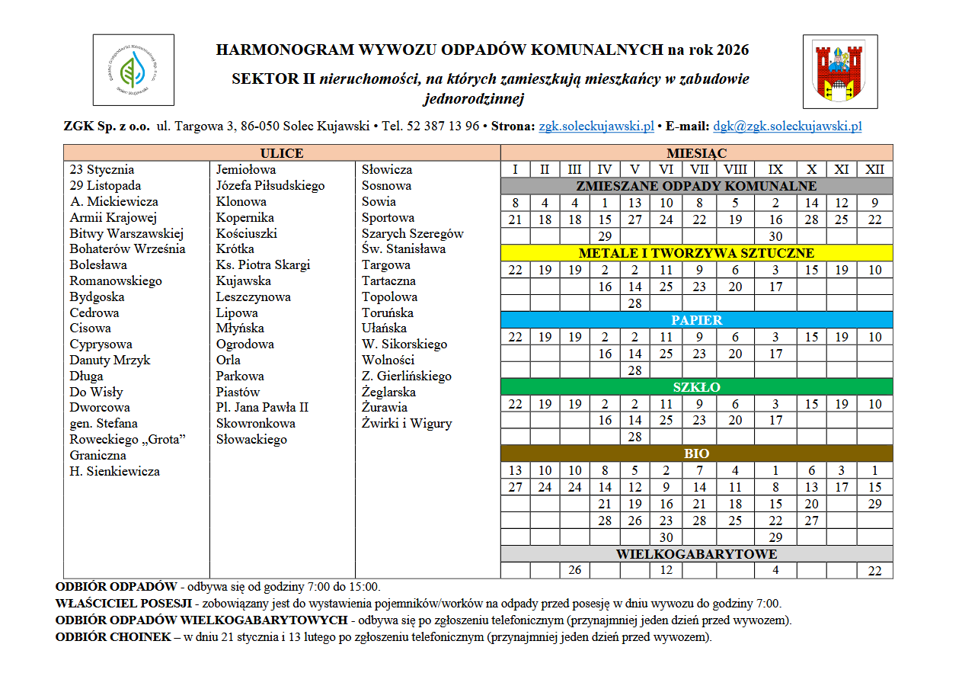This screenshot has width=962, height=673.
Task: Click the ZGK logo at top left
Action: point(133,69)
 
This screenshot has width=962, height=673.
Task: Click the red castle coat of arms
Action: point(839,71)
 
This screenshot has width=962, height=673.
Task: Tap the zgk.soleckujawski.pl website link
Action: point(596,127)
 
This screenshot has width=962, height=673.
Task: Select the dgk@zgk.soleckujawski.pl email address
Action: point(787,127)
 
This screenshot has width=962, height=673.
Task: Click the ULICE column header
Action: point(281,153)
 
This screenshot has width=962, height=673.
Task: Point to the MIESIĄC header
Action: point(696,153)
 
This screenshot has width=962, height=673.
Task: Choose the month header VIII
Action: point(735,169)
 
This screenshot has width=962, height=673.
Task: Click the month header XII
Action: point(874,169)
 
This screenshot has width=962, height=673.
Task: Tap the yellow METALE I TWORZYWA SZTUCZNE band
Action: point(696,253)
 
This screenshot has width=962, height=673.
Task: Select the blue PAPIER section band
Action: point(696,320)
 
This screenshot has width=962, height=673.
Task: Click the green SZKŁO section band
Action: point(696,387)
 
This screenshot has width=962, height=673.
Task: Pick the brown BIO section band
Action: point(696,453)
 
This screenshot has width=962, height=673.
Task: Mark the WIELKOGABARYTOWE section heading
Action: point(696,554)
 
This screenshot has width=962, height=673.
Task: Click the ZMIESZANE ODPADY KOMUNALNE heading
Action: point(696,186)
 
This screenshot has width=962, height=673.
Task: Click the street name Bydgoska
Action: point(97,296)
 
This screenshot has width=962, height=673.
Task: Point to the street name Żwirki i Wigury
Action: point(407,423)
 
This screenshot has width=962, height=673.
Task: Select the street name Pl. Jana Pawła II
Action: point(262,407)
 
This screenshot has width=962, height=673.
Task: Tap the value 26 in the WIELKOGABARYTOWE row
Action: point(574,570)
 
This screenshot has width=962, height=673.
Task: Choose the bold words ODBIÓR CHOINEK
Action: point(113,637)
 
